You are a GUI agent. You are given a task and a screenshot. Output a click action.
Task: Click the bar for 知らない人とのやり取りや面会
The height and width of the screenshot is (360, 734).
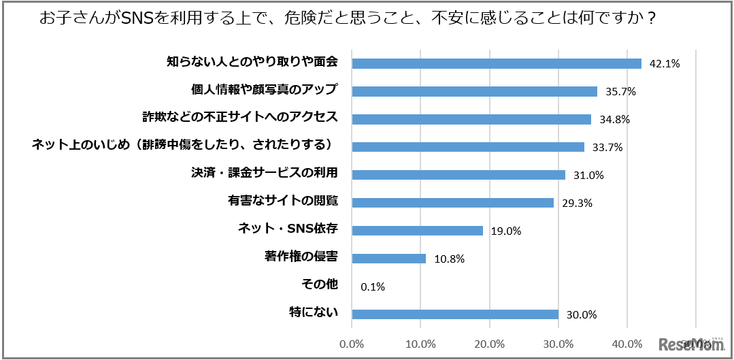[497, 63]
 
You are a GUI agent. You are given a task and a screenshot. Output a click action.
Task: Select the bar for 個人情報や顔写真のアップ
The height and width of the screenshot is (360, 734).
[475, 91]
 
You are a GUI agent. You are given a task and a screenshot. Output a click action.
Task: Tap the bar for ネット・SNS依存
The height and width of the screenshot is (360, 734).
[417, 231]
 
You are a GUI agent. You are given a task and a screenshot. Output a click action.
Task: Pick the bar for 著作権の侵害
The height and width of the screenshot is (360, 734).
[389, 259]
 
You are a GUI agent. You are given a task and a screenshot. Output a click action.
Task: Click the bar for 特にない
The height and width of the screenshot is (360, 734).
[455, 314]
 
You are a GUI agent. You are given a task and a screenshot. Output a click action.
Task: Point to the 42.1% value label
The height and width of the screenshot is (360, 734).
[665, 64]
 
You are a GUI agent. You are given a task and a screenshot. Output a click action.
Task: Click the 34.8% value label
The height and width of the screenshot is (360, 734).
[614, 120]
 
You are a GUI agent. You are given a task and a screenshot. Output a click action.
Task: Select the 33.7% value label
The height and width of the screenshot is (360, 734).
[607, 148]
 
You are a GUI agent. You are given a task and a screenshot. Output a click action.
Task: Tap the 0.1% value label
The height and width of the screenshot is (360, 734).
[373, 287]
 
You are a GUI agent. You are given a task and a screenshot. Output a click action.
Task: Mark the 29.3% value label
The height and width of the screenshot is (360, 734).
[577, 203]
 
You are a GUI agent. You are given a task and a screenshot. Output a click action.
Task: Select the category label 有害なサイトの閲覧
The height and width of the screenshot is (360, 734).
[283, 201]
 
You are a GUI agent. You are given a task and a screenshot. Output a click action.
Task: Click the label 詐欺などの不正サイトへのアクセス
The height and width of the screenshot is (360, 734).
[240, 117]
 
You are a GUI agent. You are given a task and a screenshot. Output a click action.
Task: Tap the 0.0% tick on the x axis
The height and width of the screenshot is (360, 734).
[352, 344]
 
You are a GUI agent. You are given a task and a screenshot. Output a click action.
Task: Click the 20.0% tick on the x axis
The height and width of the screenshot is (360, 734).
[490, 344]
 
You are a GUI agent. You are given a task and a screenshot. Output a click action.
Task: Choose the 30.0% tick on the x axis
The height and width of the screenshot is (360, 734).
[558, 344]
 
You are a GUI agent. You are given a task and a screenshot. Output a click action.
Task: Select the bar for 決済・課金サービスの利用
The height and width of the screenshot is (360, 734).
[458, 175]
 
